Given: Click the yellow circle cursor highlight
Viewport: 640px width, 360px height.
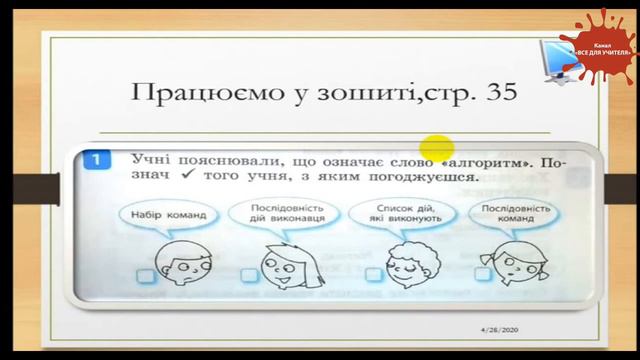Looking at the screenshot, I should [437, 149].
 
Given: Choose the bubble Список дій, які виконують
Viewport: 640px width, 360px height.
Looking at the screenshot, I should [391, 214].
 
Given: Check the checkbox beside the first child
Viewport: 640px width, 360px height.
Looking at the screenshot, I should [147, 274].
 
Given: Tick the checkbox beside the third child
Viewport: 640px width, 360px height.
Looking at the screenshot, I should [374, 275].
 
